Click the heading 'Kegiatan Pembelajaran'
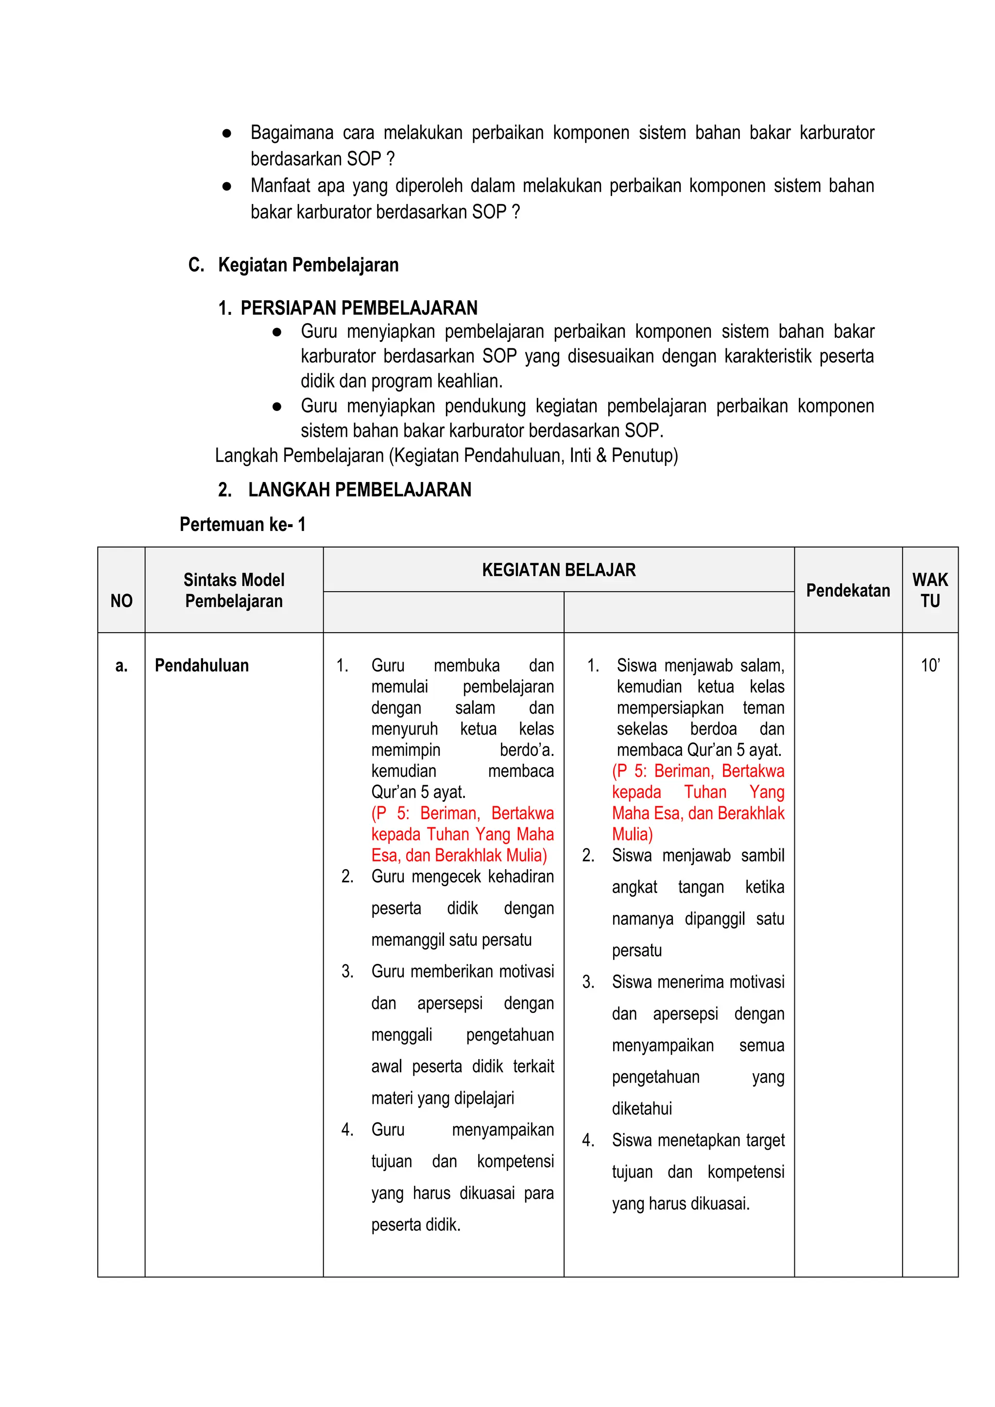click(x=308, y=265)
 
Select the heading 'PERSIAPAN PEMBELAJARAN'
click(x=359, y=308)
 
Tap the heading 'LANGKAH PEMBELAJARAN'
click(x=360, y=490)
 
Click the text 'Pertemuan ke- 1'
click(x=242, y=525)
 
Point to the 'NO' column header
click(x=121, y=601)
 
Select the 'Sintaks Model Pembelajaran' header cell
click(x=234, y=590)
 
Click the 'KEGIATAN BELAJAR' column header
click(x=559, y=570)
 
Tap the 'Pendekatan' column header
click(x=848, y=590)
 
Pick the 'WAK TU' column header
click(x=929, y=590)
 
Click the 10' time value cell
click(x=930, y=666)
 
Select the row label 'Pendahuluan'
click(x=202, y=666)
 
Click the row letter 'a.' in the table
click(x=121, y=666)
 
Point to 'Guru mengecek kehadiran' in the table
click(x=462, y=876)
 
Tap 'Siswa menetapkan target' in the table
click(x=698, y=1140)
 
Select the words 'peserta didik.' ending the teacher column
click(x=415, y=1224)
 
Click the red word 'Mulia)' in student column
click(x=632, y=834)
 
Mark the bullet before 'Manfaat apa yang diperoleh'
click(x=227, y=186)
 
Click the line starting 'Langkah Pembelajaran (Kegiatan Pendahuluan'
click(x=446, y=455)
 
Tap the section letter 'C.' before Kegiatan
click(x=196, y=265)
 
